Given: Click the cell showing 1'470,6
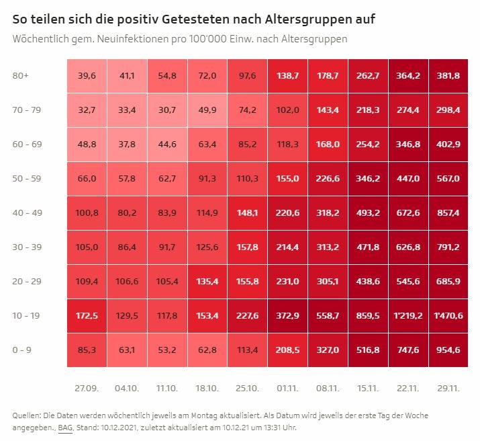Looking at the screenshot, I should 448,315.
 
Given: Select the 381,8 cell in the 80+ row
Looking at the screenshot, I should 448,76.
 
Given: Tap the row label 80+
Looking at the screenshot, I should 21,76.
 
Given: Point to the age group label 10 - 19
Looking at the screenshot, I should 27,315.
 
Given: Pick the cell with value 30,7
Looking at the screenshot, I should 167,110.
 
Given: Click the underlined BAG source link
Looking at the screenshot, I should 64,427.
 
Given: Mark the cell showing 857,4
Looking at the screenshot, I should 448,212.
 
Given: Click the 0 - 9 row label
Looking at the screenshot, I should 22,350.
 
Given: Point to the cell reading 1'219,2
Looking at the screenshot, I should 408,315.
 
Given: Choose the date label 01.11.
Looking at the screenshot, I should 288,389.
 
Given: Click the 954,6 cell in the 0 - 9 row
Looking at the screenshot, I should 448,350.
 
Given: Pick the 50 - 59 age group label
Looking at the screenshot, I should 27,178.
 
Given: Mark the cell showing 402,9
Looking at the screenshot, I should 448,144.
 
